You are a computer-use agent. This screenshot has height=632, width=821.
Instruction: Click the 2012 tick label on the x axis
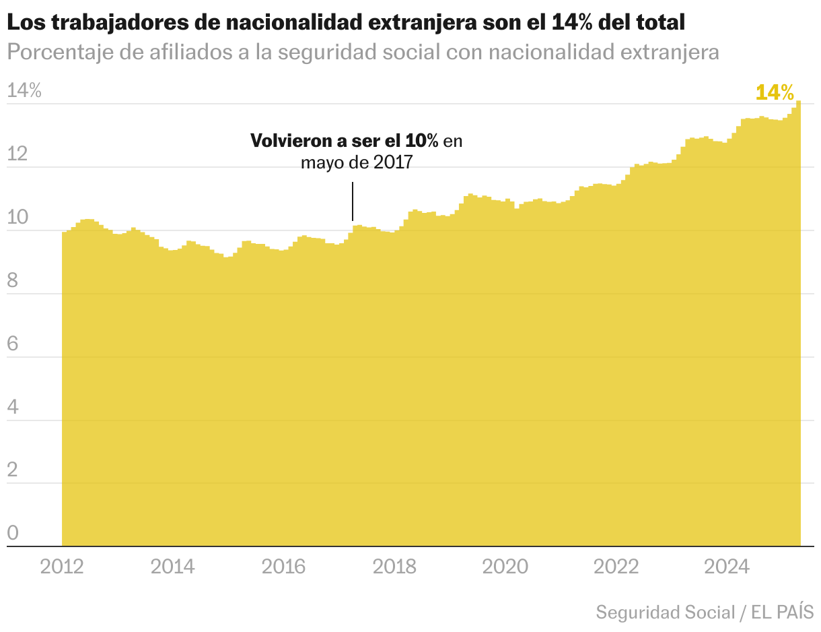click(x=62, y=567)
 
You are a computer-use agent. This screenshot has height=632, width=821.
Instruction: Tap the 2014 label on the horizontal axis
click(x=172, y=567)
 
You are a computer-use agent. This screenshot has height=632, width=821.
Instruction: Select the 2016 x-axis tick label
click(x=283, y=567)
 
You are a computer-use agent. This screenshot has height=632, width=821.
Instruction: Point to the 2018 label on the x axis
click(x=394, y=567)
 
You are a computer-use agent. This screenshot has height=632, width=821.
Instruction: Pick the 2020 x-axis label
click(x=505, y=567)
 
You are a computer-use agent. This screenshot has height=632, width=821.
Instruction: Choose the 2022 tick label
click(x=616, y=567)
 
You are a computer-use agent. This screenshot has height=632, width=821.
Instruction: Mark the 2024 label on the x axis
click(x=726, y=567)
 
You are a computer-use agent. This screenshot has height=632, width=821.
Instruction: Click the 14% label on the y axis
click(x=24, y=91)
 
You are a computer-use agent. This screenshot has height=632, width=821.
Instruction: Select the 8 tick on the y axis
click(x=12, y=281)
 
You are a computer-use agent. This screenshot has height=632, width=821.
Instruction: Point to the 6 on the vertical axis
click(x=12, y=344)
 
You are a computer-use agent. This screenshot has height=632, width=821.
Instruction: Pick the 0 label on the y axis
click(x=12, y=534)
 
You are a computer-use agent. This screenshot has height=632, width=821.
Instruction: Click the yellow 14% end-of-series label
click(x=775, y=92)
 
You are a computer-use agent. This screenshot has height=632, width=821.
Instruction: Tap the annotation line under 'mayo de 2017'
click(x=353, y=201)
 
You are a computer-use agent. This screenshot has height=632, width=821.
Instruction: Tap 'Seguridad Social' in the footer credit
click(x=665, y=612)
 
